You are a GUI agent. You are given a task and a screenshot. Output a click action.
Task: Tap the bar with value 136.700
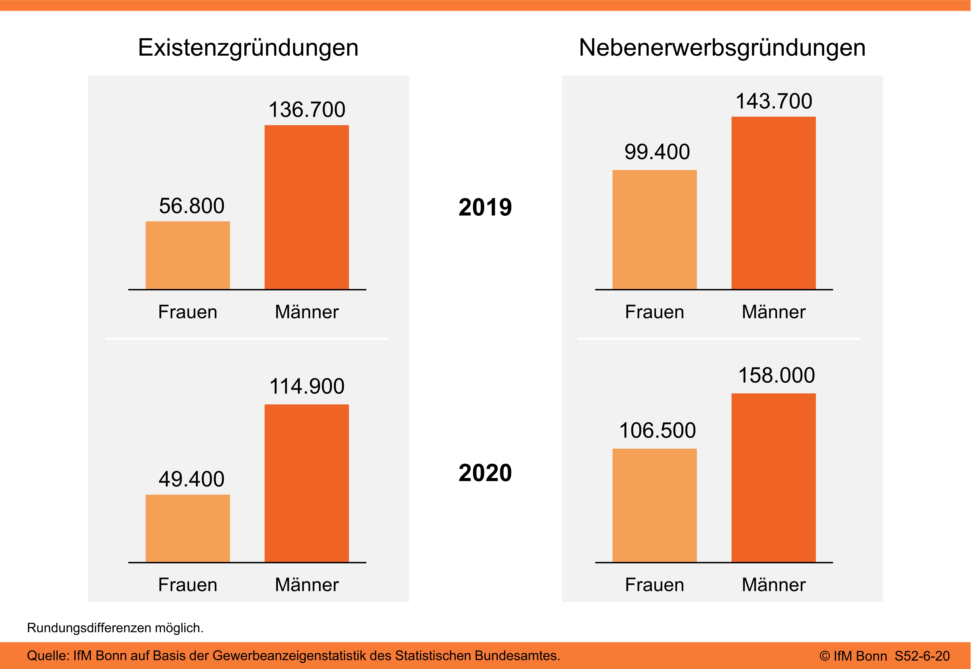click(x=306, y=207)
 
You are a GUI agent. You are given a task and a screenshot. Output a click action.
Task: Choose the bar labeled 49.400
click(x=187, y=528)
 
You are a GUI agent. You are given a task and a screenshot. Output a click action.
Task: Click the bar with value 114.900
click(x=306, y=483)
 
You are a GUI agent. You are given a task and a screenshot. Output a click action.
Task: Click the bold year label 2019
click(x=485, y=207)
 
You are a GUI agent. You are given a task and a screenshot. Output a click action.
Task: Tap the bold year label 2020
click(x=485, y=473)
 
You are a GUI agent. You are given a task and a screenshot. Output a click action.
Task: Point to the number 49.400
click(x=191, y=479)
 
